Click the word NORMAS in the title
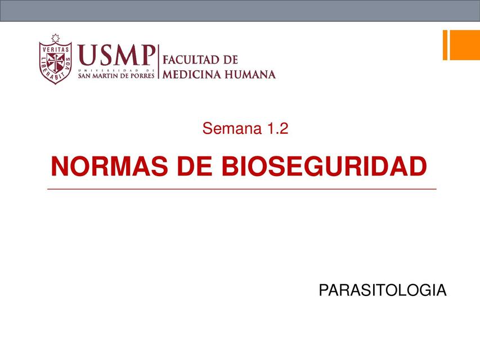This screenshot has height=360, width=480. tap(109, 166)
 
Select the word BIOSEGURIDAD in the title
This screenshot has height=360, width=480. tap(324, 166)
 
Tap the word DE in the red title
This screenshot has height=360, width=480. tap(195, 166)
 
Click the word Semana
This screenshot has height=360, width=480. tap(232, 128)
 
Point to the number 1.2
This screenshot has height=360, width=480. tap(277, 128)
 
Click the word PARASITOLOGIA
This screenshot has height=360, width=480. tap(382, 290)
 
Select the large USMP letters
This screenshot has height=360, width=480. tap(116, 55)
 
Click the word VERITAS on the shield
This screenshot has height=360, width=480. tap(55, 49)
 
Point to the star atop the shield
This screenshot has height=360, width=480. tap(55, 38)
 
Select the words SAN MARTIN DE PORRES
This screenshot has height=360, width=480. tap(116, 75)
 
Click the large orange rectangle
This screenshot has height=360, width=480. tap(465, 45)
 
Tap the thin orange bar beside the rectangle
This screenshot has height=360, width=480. tap(445, 45)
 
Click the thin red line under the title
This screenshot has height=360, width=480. tap(242, 189)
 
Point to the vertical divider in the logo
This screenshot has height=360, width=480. tap(159, 61)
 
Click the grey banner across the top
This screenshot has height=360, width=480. tap(240, 11)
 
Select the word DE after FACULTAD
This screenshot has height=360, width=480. tap(231, 60)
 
